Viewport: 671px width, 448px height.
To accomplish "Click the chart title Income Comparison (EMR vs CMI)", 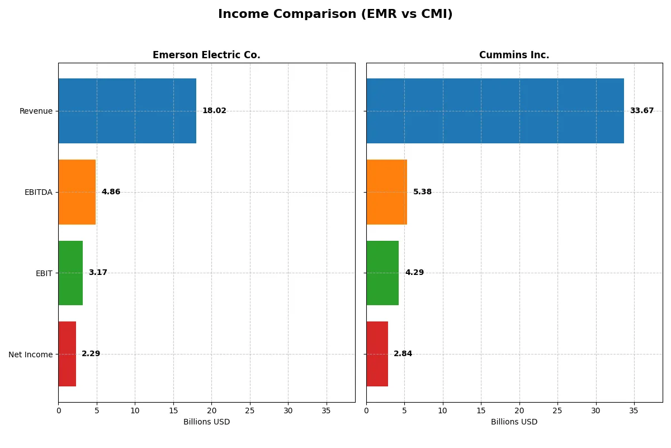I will click(335, 14).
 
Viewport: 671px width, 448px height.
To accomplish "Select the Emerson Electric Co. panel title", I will click(206, 55).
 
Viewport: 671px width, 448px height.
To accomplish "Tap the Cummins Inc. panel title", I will click(514, 55).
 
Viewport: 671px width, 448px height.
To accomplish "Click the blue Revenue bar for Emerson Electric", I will click(127, 111).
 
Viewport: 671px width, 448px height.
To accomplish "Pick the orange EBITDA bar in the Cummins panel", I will click(386, 192).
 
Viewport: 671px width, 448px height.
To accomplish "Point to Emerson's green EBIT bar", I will click(70, 273).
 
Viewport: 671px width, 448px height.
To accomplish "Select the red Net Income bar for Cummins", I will click(377, 354).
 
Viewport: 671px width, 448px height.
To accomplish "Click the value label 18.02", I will click(214, 111).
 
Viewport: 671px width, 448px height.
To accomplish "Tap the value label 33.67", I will click(641, 111).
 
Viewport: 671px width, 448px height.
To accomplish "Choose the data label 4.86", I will click(111, 192).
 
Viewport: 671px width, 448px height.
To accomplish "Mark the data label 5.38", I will click(422, 192).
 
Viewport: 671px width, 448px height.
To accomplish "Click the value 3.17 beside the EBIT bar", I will click(98, 273).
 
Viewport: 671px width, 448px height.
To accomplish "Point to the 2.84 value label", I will click(403, 354).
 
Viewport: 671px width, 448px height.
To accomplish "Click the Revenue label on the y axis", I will click(36, 111).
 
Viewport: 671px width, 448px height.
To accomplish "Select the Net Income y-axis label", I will click(30, 354).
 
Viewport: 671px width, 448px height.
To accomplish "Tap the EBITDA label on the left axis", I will click(38, 192).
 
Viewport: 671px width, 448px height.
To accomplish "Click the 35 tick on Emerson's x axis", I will click(327, 410).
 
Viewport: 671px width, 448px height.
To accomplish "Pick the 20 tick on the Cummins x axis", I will click(519, 410).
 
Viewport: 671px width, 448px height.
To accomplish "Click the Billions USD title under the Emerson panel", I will click(206, 422).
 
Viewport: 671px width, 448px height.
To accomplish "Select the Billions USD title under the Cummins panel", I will click(514, 422).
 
